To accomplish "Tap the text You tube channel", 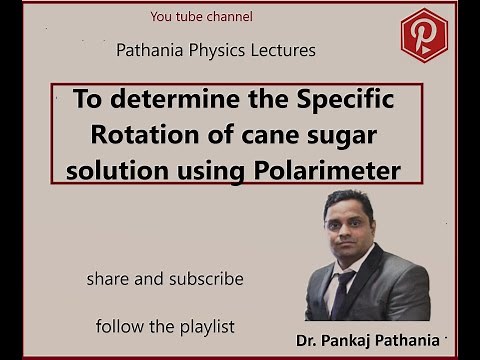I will pos(201,17).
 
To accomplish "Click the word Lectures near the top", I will pos(281,49).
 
